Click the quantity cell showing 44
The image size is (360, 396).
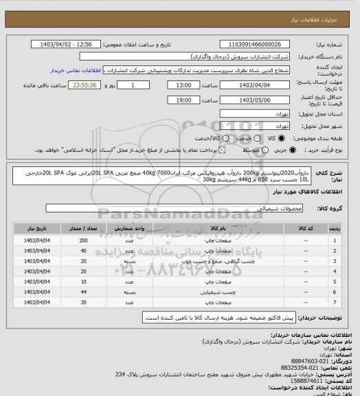[x=83, y=292]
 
